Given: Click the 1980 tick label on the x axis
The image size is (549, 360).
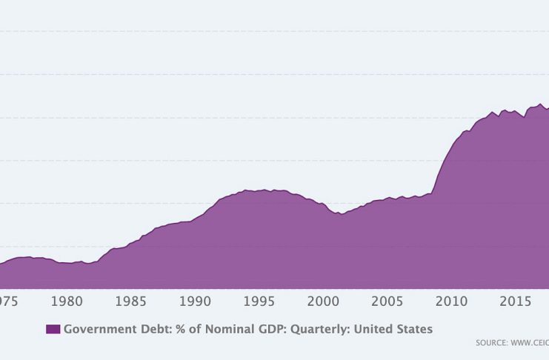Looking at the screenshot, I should pyautogui.click(x=67, y=301).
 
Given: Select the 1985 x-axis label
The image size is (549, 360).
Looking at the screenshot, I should pyautogui.click(x=131, y=301).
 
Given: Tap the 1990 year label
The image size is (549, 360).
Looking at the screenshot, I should pyautogui.click(x=195, y=301).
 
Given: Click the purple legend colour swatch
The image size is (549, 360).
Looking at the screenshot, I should pyautogui.click(x=53, y=329).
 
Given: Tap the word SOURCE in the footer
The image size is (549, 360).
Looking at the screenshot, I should pyautogui.click(x=492, y=344).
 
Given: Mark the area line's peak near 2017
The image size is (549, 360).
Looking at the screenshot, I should pyautogui.click(x=540, y=104).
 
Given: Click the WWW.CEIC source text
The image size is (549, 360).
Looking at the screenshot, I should pyautogui.click(x=531, y=344).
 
